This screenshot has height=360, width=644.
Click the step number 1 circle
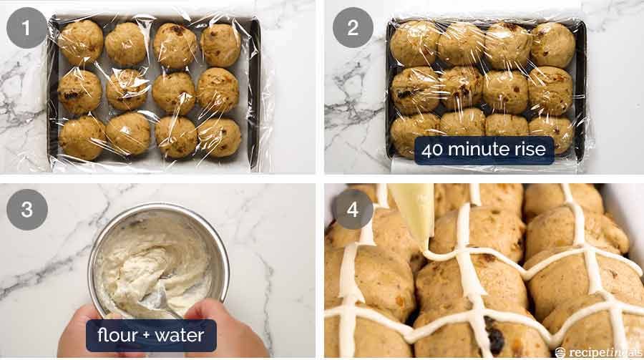click(27, 28)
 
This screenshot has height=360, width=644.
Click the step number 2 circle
click(352, 28)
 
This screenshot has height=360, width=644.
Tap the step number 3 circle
click(27, 210)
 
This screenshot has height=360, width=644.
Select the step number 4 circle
click(352, 210)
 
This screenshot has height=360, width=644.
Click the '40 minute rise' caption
click(484, 150)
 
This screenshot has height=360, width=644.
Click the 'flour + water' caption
click(150, 335)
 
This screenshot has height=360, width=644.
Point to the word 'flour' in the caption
click(119, 335)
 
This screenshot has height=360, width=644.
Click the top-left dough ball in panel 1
click(80, 42)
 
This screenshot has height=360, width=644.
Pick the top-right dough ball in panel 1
click(220, 44)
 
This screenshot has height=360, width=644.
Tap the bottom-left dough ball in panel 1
click(82, 137)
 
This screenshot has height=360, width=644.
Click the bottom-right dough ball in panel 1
click(219, 137)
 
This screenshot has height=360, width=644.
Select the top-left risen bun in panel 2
click(414, 43)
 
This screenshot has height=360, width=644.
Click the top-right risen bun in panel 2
click(552, 44)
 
